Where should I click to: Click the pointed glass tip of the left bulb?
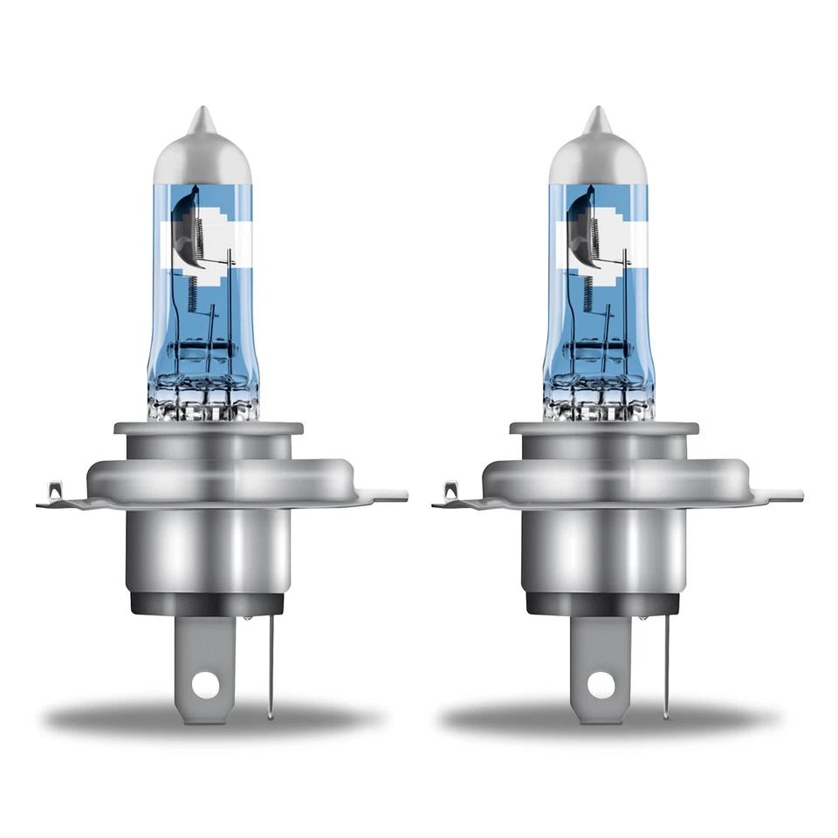click(x=201, y=116)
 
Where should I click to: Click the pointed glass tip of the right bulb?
click(x=596, y=116)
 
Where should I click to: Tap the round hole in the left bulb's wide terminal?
click(x=208, y=686)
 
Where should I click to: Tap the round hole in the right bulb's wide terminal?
click(x=602, y=686)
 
